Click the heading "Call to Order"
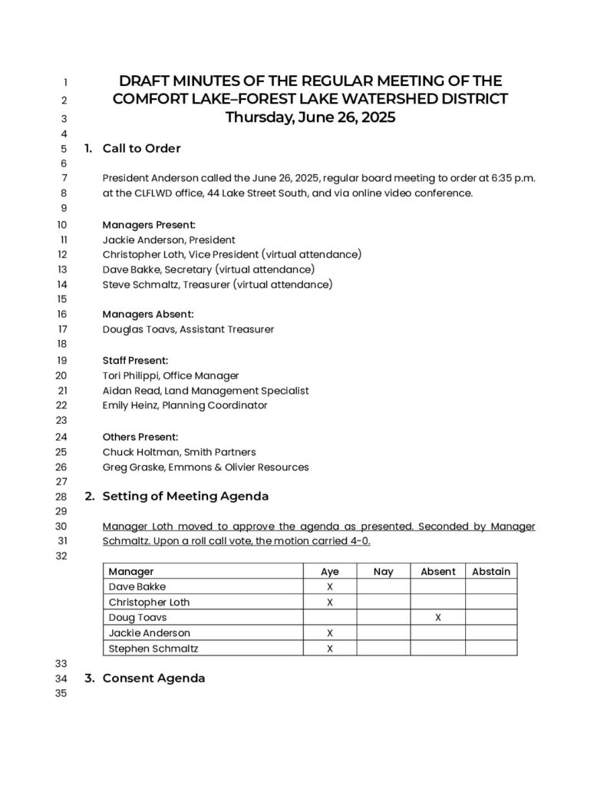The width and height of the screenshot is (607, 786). (141, 148)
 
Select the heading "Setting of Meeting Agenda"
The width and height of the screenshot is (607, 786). (185, 496)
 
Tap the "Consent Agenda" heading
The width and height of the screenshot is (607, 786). (153, 678)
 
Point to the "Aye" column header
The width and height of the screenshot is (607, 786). (329, 571)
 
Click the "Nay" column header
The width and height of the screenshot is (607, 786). (383, 571)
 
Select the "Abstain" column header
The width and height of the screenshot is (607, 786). (491, 571)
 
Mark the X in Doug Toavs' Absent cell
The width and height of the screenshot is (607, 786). (437, 617)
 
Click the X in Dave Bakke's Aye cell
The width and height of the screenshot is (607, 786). (329, 586)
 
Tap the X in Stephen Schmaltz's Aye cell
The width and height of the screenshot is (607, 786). (329, 648)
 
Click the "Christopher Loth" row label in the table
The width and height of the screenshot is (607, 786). (149, 602)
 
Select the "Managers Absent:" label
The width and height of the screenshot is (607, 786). (148, 314)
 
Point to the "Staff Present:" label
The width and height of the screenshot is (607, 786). (135, 360)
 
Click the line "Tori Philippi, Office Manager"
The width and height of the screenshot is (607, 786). (170, 375)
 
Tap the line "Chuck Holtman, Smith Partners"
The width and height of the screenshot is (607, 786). (179, 451)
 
